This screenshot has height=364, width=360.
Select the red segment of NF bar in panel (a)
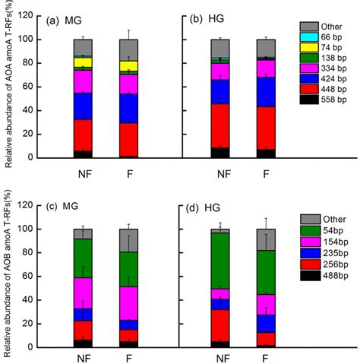click(x=83, y=135)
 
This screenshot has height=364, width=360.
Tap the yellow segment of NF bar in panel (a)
click(x=83, y=62)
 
